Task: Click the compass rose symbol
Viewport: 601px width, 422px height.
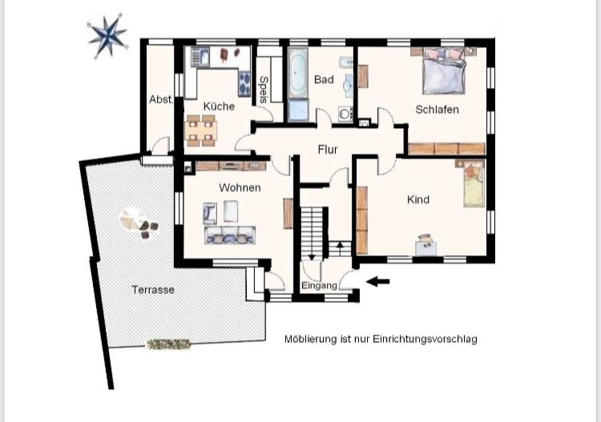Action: (x=107, y=35)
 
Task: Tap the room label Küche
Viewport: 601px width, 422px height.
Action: (x=219, y=106)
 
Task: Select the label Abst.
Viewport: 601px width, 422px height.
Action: (x=161, y=99)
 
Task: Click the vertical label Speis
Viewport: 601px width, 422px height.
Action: (x=263, y=90)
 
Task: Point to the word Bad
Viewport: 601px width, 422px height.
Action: (x=324, y=80)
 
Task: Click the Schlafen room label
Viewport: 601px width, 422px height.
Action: (x=437, y=109)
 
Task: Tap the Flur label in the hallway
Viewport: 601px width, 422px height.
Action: (x=327, y=149)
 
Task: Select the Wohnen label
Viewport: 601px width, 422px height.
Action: (x=240, y=187)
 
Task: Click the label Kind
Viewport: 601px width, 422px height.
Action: (x=417, y=199)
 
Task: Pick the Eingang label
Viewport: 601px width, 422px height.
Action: (x=319, y=286)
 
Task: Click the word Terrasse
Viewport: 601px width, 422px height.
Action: (x=153, y=290)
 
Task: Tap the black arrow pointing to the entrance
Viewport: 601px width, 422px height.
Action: (x=377, y=281)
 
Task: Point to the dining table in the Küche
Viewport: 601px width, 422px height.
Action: (x=201, y=130)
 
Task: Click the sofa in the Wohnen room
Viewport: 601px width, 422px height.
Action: (x=230, y=235)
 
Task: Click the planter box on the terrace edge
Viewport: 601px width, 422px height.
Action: (x=168, y=344)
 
